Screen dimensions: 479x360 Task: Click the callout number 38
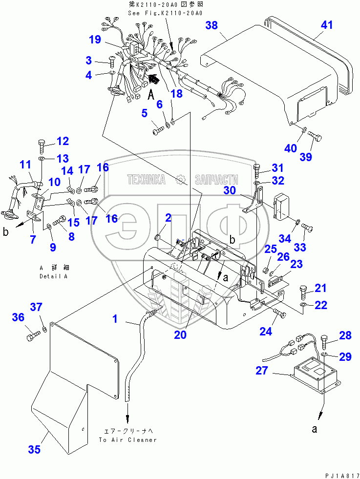(x=212, y=26)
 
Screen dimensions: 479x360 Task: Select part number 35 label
(x=34, y=450)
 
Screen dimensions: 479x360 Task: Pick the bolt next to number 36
(x=31, y=336)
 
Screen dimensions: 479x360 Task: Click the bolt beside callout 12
(x=42, y=145)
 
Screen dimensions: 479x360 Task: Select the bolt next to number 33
(x=306, y=226)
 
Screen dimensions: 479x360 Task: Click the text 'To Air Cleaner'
(x=127, y=439)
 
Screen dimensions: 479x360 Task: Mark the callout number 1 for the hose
(x=115, y=319)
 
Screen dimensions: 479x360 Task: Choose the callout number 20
(x=180, y=335)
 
